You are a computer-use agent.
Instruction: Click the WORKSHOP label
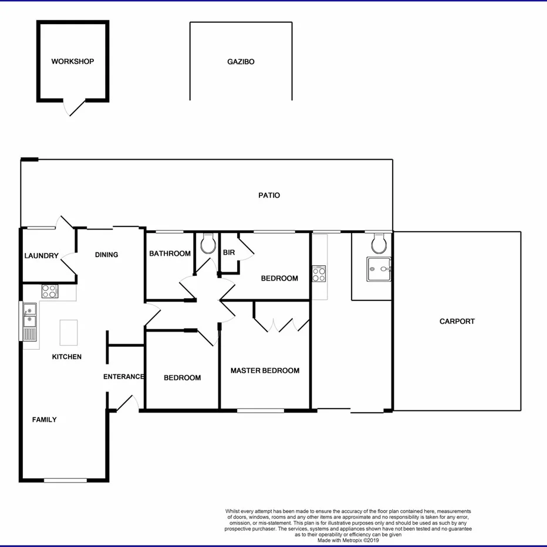click(x=72, y=62)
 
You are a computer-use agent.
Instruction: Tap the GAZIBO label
click(x=241, y=62)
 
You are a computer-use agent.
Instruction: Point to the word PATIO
click(x=269, y=195)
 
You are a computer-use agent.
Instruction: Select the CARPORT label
click(x=457, y=322)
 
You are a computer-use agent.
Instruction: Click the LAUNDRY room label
click(x=41, y=256)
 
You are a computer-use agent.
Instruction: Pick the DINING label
click(x=106, y=255)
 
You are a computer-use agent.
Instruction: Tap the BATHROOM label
click(x=170, y=254)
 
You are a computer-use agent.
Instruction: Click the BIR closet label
click(x=228, y=253)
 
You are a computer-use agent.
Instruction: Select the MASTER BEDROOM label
click(x=265, y=371)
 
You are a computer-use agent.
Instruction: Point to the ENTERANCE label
click(x=123, y=377)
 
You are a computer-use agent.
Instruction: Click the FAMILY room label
click(x=45, y=420)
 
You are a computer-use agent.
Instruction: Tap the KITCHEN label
click(x=66, y=357)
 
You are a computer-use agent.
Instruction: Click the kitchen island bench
click(x=69, y=332)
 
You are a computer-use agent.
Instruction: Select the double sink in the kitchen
click(x=29, y=322)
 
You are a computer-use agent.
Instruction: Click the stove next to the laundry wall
click(x=49, y=291)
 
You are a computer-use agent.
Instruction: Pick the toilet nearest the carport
click(x=379, y=242)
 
